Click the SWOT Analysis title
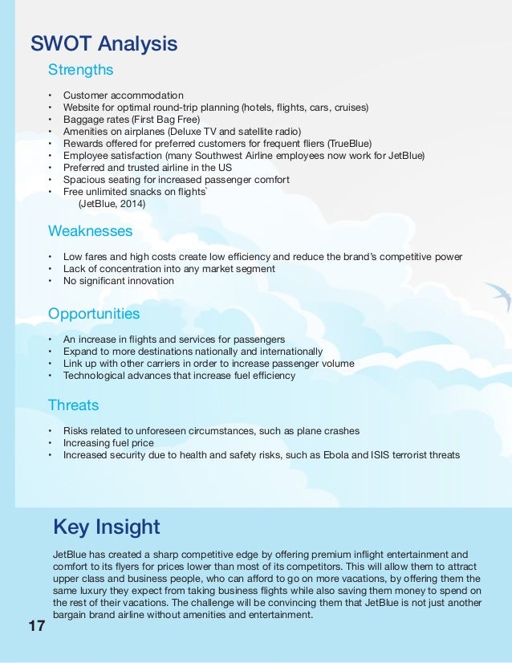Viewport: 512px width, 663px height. pyautogui.click(x=104, y=43)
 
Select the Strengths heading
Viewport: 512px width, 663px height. pyautogui.click(x=81, y=70)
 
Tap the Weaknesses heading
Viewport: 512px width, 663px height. pyautogui.click(x=91, y=231)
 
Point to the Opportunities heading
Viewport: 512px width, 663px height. pyautogui.click(x=94, y=314)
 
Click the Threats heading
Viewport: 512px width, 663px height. pyautogui.click(x=74, y=405)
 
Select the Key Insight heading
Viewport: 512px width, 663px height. pyautogui.click(x=107, y=527)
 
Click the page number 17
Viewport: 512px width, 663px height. pyautogui.click(x=36, y=626)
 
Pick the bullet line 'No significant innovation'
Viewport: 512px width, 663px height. pyautogui.click(x=119, y=281)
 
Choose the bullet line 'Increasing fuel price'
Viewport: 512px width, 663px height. pyautogui.click(x=108, y=443)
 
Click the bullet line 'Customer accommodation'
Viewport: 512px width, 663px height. pyautogui.click(x=124, y=96)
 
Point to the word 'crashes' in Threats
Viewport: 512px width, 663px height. pyautogui.click(x=340, y=431)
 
